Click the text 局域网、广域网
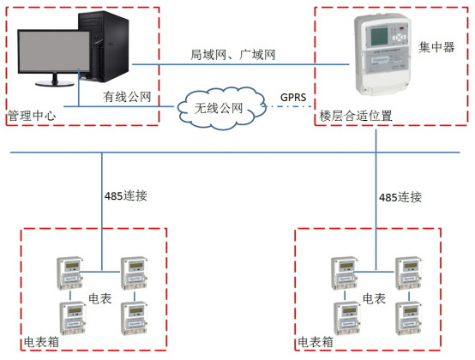(x=232, y=54)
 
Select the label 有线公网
(x=127, y=97)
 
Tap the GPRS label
(x=294, y=98)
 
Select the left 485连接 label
(x=125, y=195)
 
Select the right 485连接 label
(x=400, y=196)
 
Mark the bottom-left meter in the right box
(x=340, y=315)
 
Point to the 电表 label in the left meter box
(x=99, y=299)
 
